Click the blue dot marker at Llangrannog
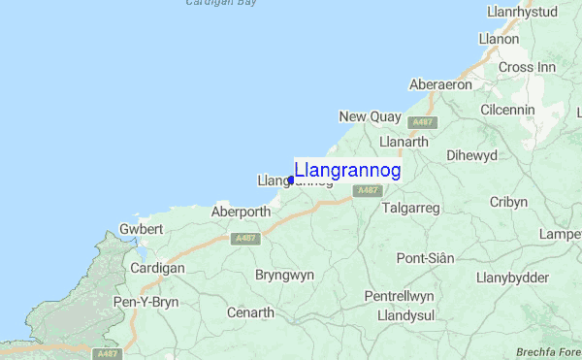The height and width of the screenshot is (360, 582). (291, 180)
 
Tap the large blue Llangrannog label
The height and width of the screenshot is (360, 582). (347, 170)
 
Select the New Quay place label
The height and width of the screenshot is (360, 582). (370, 117)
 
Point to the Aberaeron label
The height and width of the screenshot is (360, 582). (440, 84)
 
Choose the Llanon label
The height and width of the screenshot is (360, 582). (499, 39)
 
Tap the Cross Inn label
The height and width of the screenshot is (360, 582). (528, 67)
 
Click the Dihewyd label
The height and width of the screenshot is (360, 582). (471, 154)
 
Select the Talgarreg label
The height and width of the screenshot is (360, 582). (411, 208)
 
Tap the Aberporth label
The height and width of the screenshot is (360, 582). (242, 211)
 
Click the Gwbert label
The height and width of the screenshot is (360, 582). (141, 229)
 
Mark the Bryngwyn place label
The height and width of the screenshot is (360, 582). (283, 275)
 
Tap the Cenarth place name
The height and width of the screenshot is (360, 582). (250, 312)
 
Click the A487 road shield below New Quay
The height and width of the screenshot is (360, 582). (422, 123)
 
